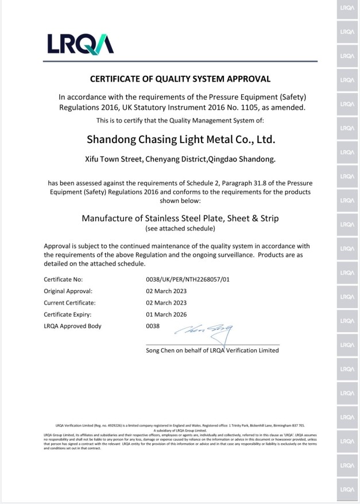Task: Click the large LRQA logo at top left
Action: [80, 44]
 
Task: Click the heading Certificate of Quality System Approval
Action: [180, 79]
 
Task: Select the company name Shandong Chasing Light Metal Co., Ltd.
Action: [181, 139]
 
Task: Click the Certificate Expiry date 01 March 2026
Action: [167, 314]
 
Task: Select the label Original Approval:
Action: [68, 291]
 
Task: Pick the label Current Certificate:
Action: [69, 302]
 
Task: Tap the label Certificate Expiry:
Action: [68, 314]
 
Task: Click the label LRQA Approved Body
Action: [72, 326]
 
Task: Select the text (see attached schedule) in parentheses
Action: [180, 229]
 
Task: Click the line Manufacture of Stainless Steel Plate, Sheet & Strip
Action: [180, 218]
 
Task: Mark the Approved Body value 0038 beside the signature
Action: [153, 326]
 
